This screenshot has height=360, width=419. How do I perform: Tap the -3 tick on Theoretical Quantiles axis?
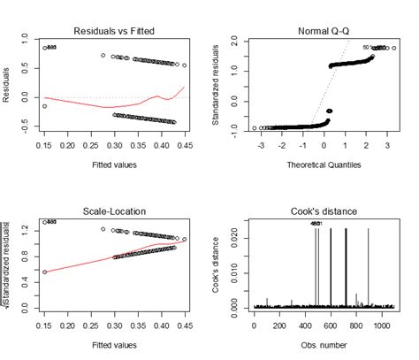point(255,142)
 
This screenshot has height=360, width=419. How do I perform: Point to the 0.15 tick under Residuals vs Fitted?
point(44,142)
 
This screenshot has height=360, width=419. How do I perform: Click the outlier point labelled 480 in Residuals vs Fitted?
point(44,48)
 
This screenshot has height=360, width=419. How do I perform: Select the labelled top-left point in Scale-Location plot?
point(44,223)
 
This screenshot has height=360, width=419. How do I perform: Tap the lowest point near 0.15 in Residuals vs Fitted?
point(44,106)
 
